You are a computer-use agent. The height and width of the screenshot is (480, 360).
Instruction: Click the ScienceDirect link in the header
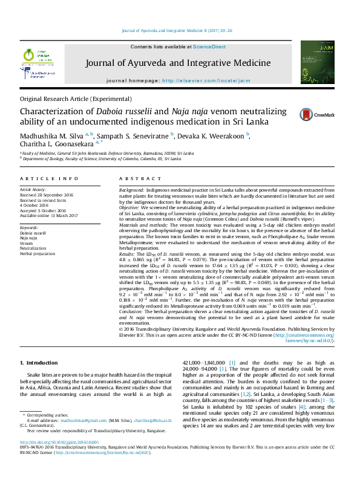point(209,47)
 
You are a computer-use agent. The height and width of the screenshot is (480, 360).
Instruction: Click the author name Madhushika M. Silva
point(51,135)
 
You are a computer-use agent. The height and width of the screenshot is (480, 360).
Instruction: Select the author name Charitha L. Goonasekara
point(53,145)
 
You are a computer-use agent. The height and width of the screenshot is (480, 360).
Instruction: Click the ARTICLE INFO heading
point(49,180)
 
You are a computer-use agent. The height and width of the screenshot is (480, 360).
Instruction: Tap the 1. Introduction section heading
point(39,363)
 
